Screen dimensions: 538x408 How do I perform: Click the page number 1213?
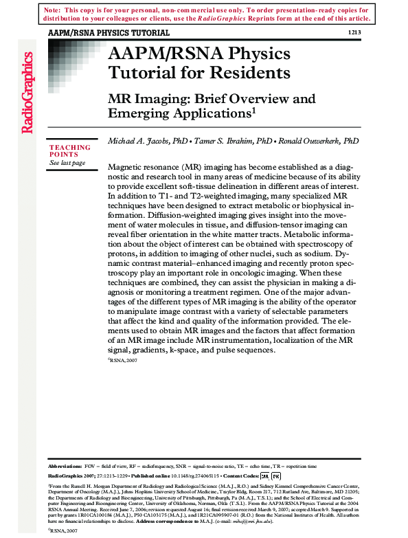(353, 32)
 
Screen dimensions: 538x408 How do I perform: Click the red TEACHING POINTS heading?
(69, 151)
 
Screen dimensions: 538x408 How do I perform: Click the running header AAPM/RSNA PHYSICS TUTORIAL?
(109, 33)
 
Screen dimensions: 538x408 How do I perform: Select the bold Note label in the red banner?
(50, 11)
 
